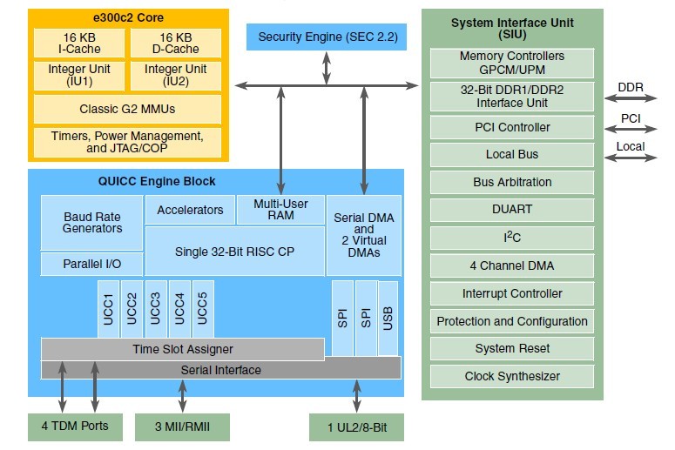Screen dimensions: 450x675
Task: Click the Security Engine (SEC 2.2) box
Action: [327, 37]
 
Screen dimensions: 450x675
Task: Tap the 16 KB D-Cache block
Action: [176, 44]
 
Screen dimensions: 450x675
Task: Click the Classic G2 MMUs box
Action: [127, 110]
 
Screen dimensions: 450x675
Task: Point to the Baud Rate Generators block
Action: [92, 223]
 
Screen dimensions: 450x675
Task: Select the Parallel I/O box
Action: [92, 264]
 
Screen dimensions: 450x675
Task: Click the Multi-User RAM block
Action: [280, 210]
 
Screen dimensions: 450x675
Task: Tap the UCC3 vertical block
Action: [155, 308]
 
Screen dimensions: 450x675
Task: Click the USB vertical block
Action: [388, 319]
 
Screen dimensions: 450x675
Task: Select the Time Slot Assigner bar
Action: [182, 349]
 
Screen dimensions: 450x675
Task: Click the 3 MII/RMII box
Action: [182, 427]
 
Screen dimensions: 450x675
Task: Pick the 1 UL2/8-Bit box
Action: [356, 427]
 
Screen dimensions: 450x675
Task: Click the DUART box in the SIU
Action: [512, 210]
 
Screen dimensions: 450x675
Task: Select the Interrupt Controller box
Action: [512, 293]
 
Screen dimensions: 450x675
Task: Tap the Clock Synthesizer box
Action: [512, 376]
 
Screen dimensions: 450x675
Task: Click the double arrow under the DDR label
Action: [631, 102]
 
